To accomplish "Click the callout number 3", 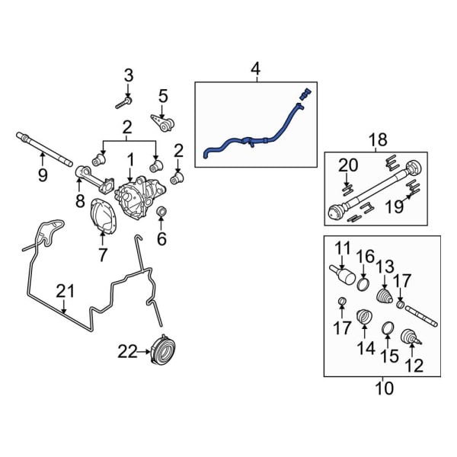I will click(x=128, y=75).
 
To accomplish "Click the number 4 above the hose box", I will click(x=255, y=71).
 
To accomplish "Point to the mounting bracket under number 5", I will click(x=161, y=122).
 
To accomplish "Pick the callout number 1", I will click(x=130, y=161).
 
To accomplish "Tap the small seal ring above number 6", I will click(x=161, y=210).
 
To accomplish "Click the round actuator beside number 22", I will click(x=162, y=350).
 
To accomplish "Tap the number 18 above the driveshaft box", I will click(x=377, y=140).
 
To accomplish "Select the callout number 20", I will click(x=348, y=165).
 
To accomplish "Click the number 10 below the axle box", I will click(x=385, y=389).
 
